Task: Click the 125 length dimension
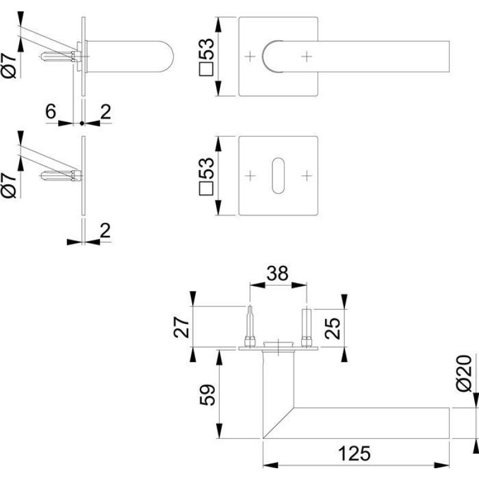(x=354, y=454)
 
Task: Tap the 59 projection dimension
(x=207, y=395)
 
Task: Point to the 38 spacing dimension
(x=277, y=274)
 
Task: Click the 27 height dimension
(x=181, y=327)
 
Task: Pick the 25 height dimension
(x=332, y=328)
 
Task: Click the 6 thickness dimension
(x=51, y=111)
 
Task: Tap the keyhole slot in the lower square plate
(x=278, y=175)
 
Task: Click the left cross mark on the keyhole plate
(x=250, y=175)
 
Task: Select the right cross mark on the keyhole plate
(x=307, y=175)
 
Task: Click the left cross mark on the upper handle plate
(x=250, y=56)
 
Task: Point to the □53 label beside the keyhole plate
(x=206, y=176)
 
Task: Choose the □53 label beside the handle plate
(x=206, y=57)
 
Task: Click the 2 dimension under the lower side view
(x=105, y=231)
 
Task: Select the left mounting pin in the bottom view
(x=250, y=326)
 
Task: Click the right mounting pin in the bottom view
(x=307, y=328)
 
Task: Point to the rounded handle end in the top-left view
(x=165, y=56)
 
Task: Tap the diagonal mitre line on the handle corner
(x=278, y=423)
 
